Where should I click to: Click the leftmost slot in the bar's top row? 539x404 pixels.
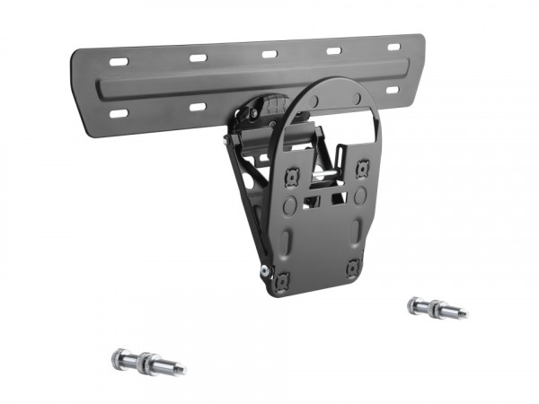point(119,62)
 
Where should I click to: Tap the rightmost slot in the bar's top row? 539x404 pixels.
point(393,46)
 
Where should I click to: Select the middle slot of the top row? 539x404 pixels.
point(269,53)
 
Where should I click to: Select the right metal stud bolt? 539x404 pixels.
point(437,309)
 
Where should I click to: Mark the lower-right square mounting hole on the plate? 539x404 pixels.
point(352,268)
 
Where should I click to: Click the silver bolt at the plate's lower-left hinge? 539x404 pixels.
point(264,271)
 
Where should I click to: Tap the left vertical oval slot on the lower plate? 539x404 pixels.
point(287,242)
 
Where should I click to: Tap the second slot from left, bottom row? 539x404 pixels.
point(198,108)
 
